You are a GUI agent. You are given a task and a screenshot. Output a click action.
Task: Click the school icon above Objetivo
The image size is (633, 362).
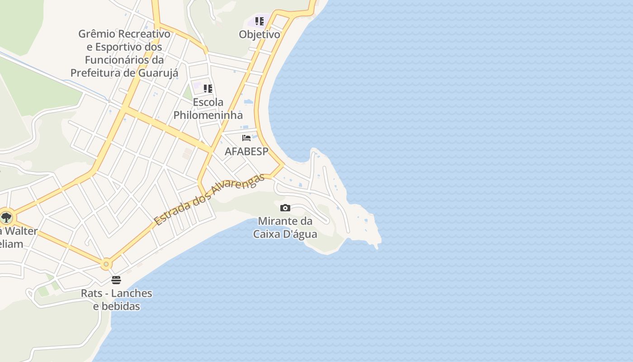coord(259,21)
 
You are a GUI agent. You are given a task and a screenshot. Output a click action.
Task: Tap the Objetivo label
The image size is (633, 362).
coord(260,34)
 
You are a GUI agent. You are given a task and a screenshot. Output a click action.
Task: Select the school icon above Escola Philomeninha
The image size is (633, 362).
coord(208,89)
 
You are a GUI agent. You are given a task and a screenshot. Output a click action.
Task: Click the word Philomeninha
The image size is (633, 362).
coord(208,115)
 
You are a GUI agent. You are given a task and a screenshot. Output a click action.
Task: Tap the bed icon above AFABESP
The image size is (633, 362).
coord(246,138)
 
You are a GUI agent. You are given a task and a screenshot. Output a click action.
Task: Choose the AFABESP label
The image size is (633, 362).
coord(246,152)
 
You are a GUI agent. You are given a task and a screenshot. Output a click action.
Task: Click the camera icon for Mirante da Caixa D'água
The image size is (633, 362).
coord(285,208)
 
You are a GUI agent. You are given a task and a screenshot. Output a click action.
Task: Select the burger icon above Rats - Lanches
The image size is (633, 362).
coord(116,280)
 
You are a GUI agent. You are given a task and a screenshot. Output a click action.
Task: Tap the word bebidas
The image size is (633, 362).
coord(117,306)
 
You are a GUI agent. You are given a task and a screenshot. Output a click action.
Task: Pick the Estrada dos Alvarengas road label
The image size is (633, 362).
coord(209,200)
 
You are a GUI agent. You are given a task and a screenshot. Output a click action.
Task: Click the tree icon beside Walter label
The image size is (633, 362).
coord(6,218)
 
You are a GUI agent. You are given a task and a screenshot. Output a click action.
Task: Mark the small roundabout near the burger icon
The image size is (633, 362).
coord(106,263)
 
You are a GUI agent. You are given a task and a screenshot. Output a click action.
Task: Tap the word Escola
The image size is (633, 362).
coord(208,102)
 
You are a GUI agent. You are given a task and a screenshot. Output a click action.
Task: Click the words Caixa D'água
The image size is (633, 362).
coord(285,234)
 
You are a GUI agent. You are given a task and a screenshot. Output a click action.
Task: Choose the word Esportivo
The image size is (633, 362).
coord(121,47)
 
